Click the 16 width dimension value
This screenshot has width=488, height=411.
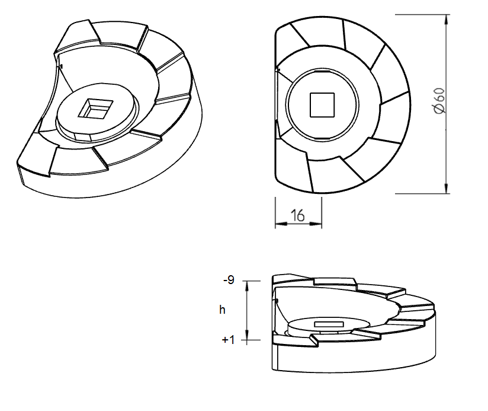pyautogui.click(x=298, y=215)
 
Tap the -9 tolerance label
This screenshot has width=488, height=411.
pyautogui.click(x=228, y=280)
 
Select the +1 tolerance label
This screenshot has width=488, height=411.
pyautogui.click(x=228, y=340)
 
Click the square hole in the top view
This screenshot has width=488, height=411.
pyautogui.click(x=323, y=105)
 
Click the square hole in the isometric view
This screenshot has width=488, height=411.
pyautogui.click(x=95, y=108)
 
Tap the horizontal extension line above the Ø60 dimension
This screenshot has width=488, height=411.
pyautogui.click(x=420, y=13)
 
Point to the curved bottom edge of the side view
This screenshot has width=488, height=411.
pyautogui.click(x=355, y=372)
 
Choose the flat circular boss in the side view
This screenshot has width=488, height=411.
pyautogui.click(x=329, y=324)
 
